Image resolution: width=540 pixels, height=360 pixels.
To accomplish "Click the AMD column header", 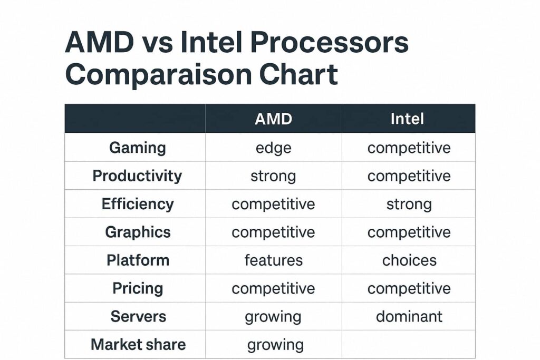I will (273, 119).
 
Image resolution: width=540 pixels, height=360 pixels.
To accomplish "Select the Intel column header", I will (408, 119).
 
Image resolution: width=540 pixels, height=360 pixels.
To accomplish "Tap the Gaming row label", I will (138, 148).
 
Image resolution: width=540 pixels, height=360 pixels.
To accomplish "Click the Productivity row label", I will (137, 176).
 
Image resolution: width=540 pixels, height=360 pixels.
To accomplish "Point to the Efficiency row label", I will (138, 204).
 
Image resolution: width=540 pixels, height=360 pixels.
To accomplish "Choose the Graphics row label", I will (138, 232).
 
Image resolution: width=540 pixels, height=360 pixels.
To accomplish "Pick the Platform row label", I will (138, 260).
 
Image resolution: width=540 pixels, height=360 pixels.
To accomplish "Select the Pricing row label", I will (138, 288).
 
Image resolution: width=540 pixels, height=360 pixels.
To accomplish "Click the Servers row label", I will (138, 316).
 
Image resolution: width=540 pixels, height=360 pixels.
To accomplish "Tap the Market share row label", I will (138, 345).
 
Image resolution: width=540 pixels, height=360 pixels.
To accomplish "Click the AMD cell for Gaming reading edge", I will (273, 148).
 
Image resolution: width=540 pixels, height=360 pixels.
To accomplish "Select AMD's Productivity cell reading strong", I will (273, 176).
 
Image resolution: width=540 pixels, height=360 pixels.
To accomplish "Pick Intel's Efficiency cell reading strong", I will (409, 204).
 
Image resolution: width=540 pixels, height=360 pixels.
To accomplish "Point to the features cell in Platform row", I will (273, 260).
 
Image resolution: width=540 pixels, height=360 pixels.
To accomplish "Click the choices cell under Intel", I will (409, 260).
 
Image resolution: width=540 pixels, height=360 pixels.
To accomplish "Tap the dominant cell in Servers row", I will (409, 316).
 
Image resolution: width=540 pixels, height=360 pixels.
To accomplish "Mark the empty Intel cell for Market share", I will (409, 345).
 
